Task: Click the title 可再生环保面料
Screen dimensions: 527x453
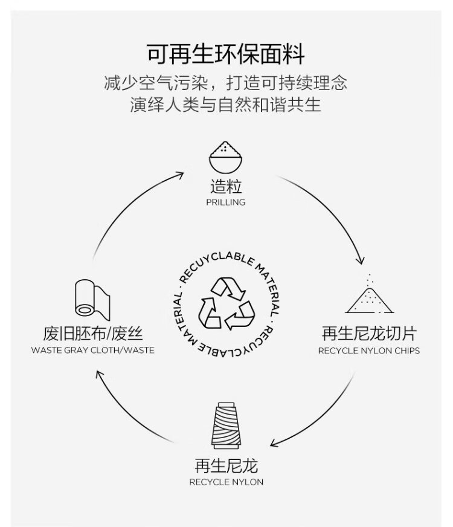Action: click(x=226, y=54)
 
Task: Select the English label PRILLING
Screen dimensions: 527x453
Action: click(x=225, y=202)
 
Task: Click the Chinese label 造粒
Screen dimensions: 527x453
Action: click(x=225, y=186)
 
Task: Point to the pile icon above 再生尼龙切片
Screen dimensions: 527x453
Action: click(x=368, y=296)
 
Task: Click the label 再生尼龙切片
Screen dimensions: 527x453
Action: click(x=368, y=333)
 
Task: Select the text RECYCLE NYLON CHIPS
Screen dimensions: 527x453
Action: click(x=368, y=351)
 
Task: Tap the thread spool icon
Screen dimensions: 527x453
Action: click(x=226, y=427)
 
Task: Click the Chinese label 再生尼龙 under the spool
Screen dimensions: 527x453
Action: click(x=226, y=466)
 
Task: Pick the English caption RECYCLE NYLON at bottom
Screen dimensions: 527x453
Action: click(x=226, y=482)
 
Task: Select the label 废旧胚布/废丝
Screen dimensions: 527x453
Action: click(x=92, y=333)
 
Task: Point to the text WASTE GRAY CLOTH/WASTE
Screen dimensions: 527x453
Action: click(x=92, y=351)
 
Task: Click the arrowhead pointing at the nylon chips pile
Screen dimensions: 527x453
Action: click(x=360, y=261)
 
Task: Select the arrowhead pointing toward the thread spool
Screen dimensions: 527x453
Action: click(x=274, y=444)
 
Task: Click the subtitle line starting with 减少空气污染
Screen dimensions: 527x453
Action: click(x=226, y=82)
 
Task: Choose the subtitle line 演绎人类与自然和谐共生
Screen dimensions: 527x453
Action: click(x=226, y=105)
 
